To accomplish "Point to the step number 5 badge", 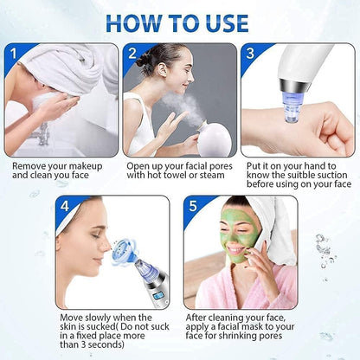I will coord(192,206).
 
